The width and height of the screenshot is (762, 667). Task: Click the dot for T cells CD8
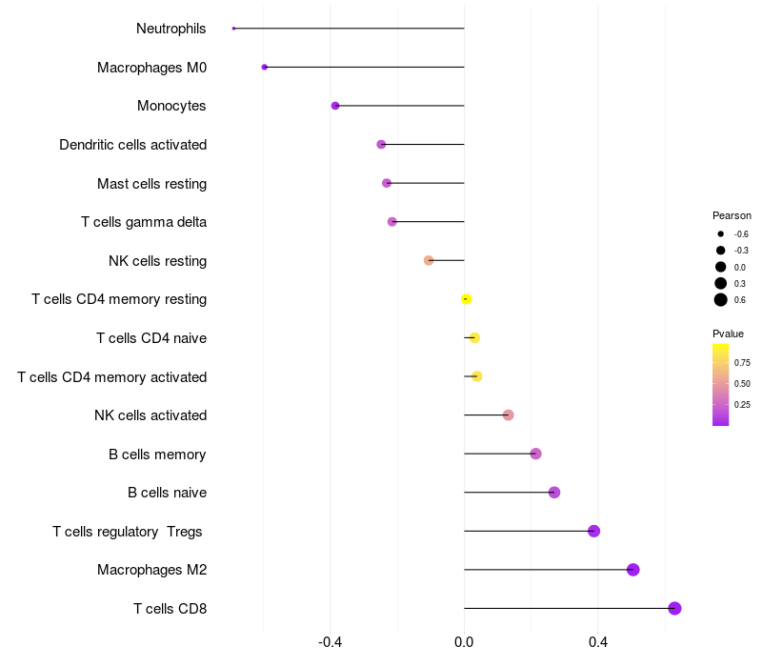(674, 608)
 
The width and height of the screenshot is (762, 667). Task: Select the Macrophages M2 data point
(632, 570)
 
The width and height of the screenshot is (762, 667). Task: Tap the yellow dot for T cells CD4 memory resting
(466, 299)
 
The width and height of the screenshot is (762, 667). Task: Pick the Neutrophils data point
(233, 29)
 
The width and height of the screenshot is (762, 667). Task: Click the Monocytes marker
(335, 106)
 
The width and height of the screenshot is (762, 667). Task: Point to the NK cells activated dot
(508, 414)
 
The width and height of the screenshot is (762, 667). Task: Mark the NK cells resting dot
(429, 260)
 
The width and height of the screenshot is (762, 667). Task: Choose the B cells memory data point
(535, 454)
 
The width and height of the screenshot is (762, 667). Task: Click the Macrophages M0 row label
(151, 68)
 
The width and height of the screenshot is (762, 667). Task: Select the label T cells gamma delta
(144, 222)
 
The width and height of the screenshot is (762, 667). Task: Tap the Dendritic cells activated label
(132, 145)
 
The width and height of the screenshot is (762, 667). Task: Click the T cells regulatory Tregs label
(128, 531)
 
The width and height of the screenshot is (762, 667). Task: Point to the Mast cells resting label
(151, 183)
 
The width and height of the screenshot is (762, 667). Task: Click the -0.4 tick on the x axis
(330, 642)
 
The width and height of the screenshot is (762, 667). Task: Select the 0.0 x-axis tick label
(464, 642)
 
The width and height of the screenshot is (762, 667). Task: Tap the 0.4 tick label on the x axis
(598, 642)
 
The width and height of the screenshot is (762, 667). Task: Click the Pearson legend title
(732, 215)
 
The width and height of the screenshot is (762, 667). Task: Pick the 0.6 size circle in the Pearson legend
(721, 300)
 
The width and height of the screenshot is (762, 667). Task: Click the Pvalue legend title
(728, 333)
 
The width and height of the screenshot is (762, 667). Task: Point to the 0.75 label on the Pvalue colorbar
(742, 362)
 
